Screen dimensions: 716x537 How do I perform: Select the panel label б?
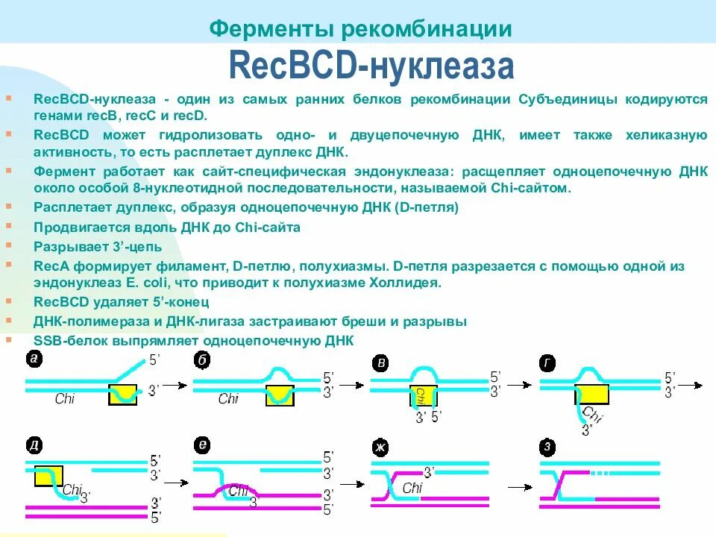pyautogui.click(x=201, y=359)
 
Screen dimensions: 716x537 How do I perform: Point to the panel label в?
pyautogui.click(x=381, y=363)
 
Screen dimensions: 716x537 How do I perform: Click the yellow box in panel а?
pyautogui.click(x=122, y=395)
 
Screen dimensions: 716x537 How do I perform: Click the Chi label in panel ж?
pyautogui.click(x=412, y=488)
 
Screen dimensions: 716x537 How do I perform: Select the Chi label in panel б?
pyautogui.click(x=228, y=399)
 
